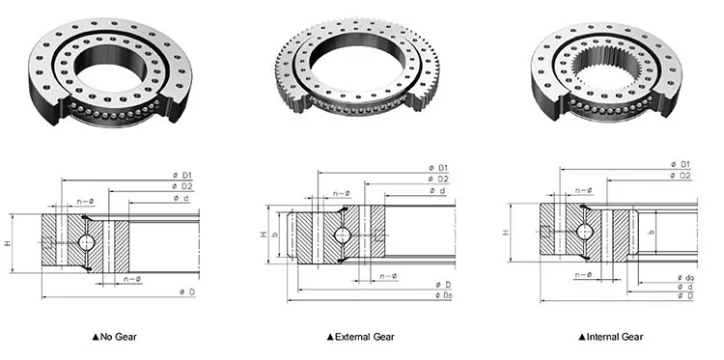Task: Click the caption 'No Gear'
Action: [119, 337]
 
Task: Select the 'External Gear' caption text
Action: [365, 337]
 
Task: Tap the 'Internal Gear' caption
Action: [615, 337]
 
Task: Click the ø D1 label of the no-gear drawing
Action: [182, 175]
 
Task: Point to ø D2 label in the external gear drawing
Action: [438, 180]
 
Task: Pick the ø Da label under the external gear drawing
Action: [443, 295]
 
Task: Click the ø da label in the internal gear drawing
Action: [685, 277]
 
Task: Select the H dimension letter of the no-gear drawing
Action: [7, 243]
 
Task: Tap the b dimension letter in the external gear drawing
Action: [275, 235]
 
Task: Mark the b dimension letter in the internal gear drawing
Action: [651, 232]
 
